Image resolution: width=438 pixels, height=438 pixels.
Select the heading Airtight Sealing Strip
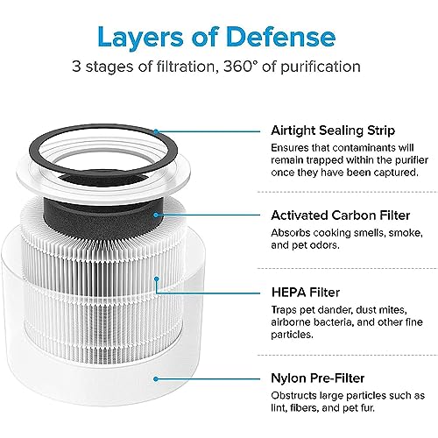click(x=331, y=130)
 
